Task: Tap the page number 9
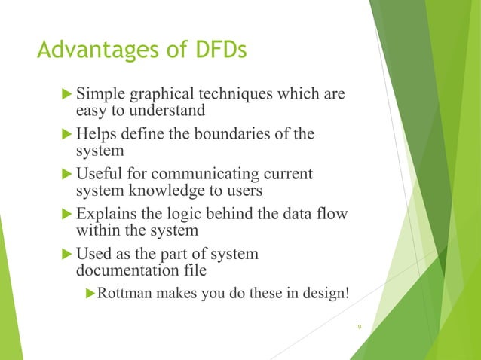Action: coord(360,326)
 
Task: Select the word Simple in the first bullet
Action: coord(102,96)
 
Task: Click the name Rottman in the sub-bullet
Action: coord(127,293)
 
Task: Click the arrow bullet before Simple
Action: coord(66,96)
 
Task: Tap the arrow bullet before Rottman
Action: coord(92,293)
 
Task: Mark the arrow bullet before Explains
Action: coord(66,214)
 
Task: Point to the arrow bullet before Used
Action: coord(66,253)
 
